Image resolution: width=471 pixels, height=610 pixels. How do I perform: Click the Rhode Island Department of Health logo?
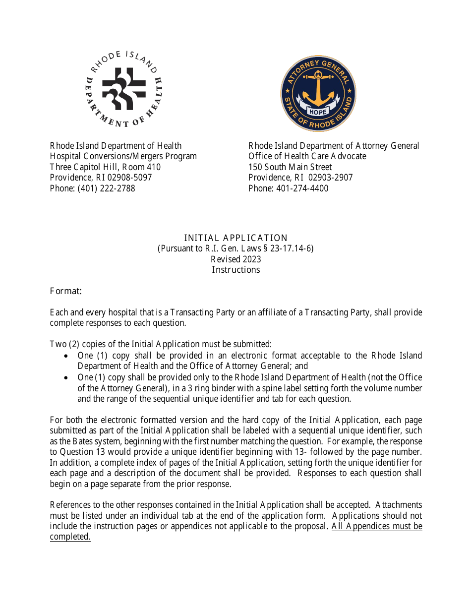click(123, 89)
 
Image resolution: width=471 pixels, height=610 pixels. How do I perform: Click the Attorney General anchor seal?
click(318, 93)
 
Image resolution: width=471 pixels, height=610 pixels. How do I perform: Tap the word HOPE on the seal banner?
click(318, 112)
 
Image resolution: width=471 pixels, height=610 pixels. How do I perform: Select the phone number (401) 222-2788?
click(106, 188)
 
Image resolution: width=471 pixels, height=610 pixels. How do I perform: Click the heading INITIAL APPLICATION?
click(235, 238)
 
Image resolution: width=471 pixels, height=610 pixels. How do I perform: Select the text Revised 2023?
click(235, 259)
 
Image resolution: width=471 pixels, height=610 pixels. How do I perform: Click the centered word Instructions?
click(235, 270)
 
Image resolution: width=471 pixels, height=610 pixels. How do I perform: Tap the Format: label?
click(65, 291)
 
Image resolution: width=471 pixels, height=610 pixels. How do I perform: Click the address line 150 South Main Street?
click(290, 167)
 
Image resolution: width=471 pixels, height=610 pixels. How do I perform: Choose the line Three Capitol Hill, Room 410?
click(105, 167)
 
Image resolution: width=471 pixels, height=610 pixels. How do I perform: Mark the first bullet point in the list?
click(67, 356)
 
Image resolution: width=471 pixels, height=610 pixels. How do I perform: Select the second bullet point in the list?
click(67, 378)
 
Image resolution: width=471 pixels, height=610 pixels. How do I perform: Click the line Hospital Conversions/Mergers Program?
click(123, 156)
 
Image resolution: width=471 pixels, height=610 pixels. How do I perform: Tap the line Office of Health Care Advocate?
click(307, 156)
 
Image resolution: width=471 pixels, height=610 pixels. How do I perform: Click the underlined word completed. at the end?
click(70, 537)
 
